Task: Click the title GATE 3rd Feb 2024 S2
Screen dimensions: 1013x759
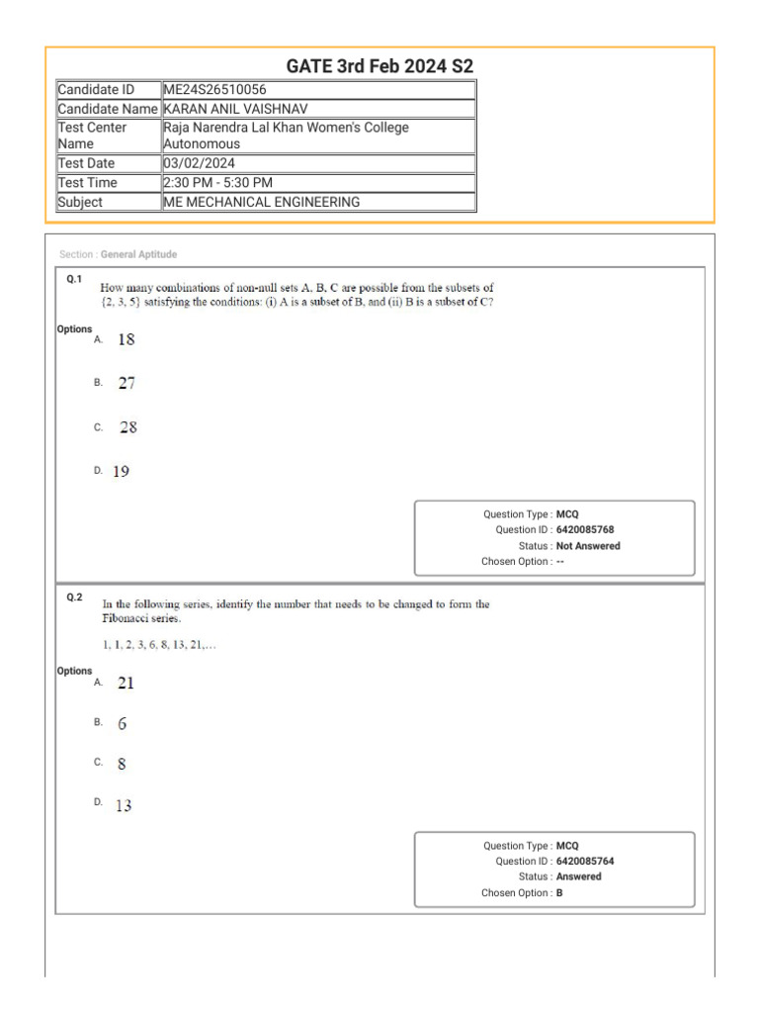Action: click(x=379, y=66)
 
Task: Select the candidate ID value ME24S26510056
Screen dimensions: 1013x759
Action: click(x=214, y=90)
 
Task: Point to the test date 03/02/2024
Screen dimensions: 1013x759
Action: click(x=200, y=163)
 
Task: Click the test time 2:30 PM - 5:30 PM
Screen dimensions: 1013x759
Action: click(x=217, y=183)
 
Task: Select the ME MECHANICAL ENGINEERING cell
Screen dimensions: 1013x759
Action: click(x=262, y=202)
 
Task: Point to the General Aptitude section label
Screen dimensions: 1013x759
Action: click(x=138, y=254)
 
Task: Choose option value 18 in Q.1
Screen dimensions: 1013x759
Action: click(x=126, y=339)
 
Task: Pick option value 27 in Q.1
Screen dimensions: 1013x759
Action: click(x=126, y=383)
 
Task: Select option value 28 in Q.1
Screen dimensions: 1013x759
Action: click(x=128, y=427)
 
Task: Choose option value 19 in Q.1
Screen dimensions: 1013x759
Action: click(x=121, y=472)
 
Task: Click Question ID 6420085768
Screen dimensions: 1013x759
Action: click(x=585, y=530)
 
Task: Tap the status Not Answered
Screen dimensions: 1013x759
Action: click(x=588, y=546)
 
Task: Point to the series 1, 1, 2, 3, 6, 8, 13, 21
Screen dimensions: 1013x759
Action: click(x=159, y=645)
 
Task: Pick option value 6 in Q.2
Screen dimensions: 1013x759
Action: click(x=123, y=723)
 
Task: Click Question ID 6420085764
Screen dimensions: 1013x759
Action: click(x=585, y=862)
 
